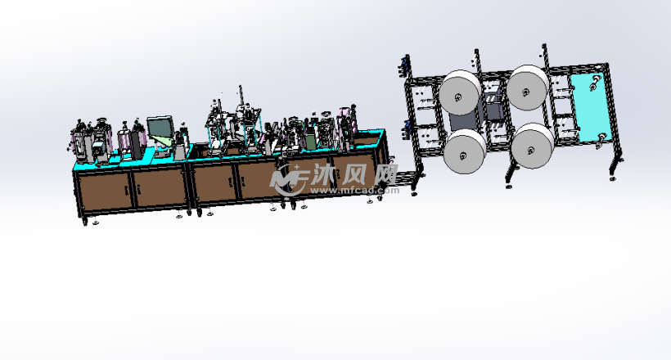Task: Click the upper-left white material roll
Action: tap(461, 93)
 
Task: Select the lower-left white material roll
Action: tap(464, 152)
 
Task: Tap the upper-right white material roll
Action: tap(528, 88)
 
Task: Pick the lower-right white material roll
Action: tap(533, 146)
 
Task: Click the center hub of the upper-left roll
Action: tap(458, 97)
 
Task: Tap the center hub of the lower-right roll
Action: tap(530, 151)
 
